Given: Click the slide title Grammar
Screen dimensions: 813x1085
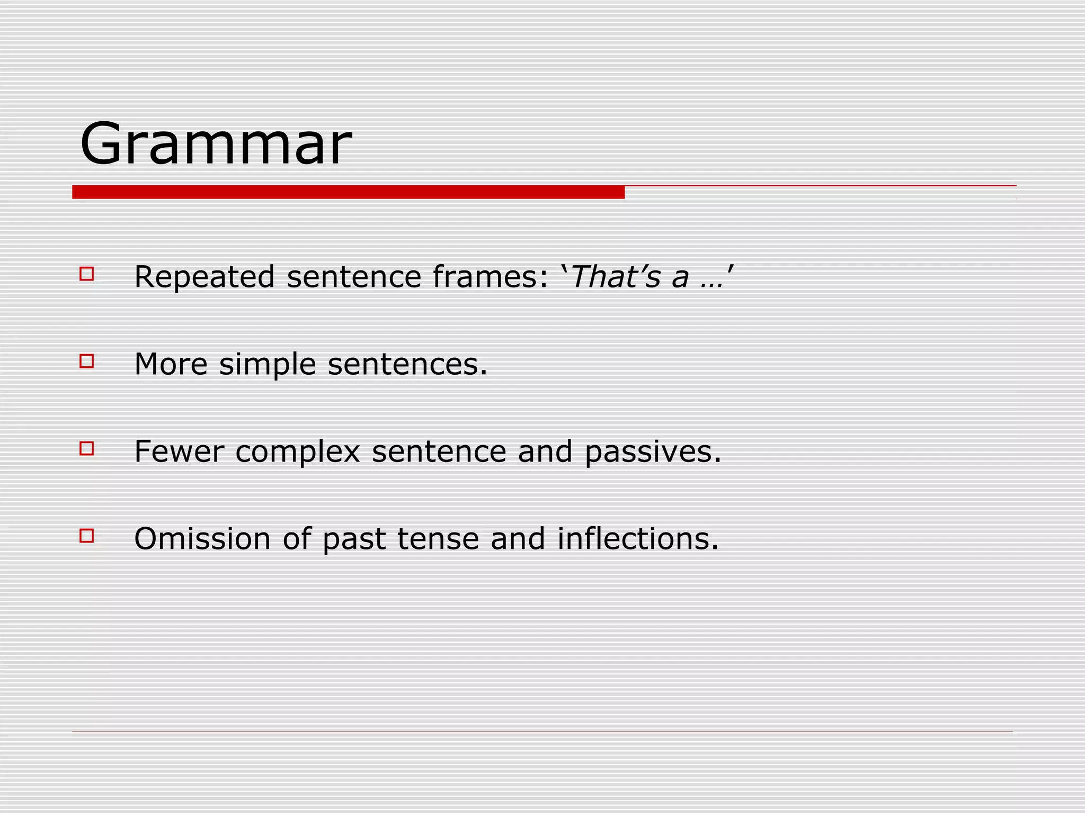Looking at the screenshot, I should (x=216, y=144).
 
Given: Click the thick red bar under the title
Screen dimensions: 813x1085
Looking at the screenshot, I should (x=348, y=192).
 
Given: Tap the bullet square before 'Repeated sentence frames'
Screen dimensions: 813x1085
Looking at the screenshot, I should (x=87, y=274).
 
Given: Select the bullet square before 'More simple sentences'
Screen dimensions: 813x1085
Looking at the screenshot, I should (x=87, y=361).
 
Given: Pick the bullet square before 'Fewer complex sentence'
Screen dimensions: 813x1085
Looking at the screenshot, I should (x=87, y=448).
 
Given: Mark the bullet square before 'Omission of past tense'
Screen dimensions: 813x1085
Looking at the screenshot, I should (x=87, y=536).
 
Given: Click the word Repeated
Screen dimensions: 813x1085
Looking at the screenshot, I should (x=204, y=277).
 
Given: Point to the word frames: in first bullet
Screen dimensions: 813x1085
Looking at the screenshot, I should (x=490, y=277).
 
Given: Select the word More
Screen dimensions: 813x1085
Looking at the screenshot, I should (x=171, y=364).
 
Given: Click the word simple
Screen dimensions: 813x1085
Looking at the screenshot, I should (x=268, y=365).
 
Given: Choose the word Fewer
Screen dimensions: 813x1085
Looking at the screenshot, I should (x=179, y=451).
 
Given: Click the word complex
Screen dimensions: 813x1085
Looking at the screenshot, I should (x=297, y=453).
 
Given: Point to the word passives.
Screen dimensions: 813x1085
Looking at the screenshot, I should (x=653, y=453).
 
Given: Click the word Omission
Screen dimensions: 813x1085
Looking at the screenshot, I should (x=202, y=539).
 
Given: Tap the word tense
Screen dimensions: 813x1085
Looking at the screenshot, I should (x=438, y=539).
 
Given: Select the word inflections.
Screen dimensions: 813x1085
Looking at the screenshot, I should (x=638, y=539).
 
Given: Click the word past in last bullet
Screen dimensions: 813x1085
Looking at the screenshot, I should (x=354, y=540).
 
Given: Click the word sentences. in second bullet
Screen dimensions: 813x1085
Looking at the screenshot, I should (x=407, y=364).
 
